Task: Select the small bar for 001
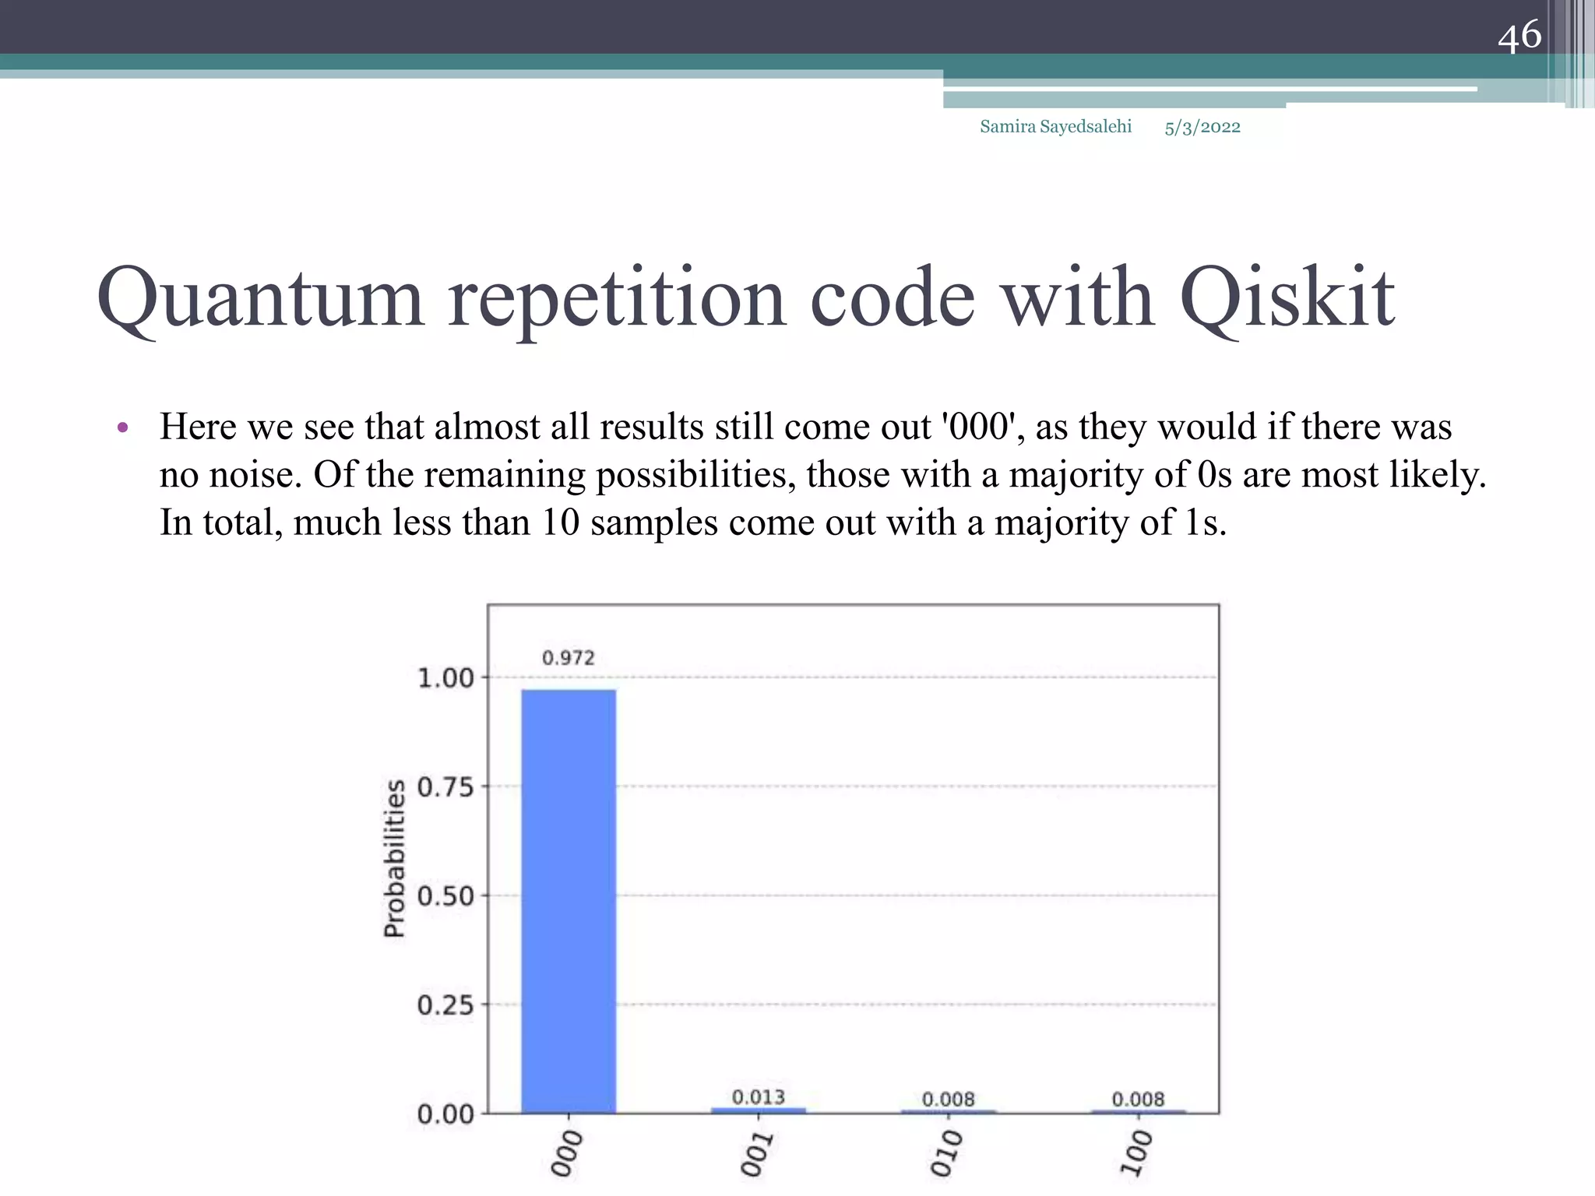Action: pyautogui.click(x=759, y=1110)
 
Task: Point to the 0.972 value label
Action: pyautogui.click(x=569, y=658)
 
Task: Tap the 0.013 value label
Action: pyautogui.click(x=759, y=1096)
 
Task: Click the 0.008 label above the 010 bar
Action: pyautogui.click(x=949, y=1099)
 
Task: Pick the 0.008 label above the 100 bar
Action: pyautogui.click(x=1138, y=1099)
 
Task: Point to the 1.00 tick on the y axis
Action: pyautogui.click(x=445, y=678)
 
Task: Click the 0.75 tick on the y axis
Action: pyautogui.click(x=445, y=787)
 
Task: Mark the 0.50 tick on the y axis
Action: pyautogui.click(x=445, y=896)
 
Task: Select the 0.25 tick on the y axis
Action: pyautogui.click(x=445, y=1005)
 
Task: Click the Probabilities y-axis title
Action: pyautogui.click(x=396, y=859)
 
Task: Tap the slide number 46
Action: pyautogui.click(x=1519, y=35)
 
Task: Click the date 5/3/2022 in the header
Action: pyautogui.click(x=1202, y=127)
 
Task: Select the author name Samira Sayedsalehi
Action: pyautogui.click(x=1055, y=126)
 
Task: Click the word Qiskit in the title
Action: pyautogui.click(x=1287, y=298)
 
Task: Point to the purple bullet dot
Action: pyautogui.click(x=122, y=427)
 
